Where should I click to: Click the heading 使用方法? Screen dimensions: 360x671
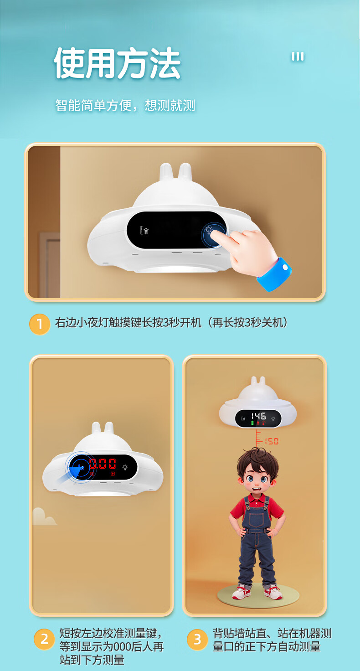coord(117,63)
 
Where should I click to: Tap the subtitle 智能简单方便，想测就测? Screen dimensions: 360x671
coord(125,105)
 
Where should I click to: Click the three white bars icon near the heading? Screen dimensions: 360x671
coord(298,57)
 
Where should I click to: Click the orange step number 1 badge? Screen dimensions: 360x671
coord(40,324)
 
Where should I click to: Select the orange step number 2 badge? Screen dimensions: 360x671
coord(44,639)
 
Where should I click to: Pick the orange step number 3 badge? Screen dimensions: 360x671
coord(197,640)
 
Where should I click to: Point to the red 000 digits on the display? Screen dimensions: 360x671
coord(103,464)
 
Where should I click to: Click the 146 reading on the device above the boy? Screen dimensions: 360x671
coord(258,416)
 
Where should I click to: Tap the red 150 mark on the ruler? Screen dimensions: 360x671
coord(271,441)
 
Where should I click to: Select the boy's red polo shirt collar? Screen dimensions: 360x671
coord(257,498)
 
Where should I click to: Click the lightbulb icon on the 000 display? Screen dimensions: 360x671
coord(125,467)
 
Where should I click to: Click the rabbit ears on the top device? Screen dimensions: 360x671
coord(176,172)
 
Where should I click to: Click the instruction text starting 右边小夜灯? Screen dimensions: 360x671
coord(171,323)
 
